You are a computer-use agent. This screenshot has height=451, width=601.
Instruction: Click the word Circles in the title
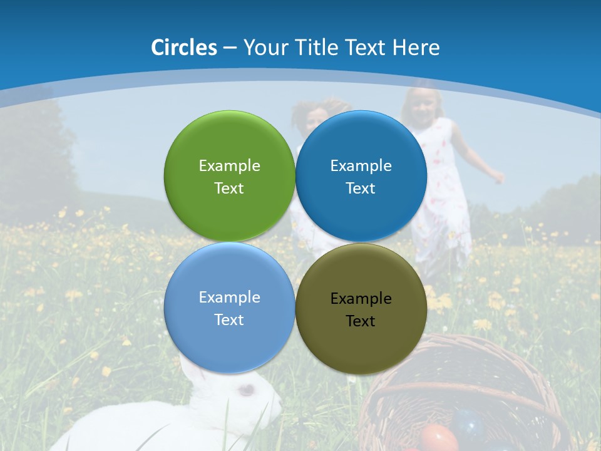(x=184, y=47)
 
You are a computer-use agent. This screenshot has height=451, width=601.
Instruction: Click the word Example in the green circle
(x=229, y=165)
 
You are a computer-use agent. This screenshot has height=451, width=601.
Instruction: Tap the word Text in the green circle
(x=229, y=188)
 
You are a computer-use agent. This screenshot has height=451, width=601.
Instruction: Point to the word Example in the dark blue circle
(x=361, y=165)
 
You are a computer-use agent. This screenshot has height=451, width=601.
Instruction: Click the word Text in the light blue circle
(x=229, y=319)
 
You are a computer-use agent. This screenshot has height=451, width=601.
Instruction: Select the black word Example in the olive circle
(x=361, y=298)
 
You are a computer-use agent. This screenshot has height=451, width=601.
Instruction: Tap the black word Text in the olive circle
(x=361, y=321)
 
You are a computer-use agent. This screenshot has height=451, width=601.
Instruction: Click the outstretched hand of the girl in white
(x=497, y=176)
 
